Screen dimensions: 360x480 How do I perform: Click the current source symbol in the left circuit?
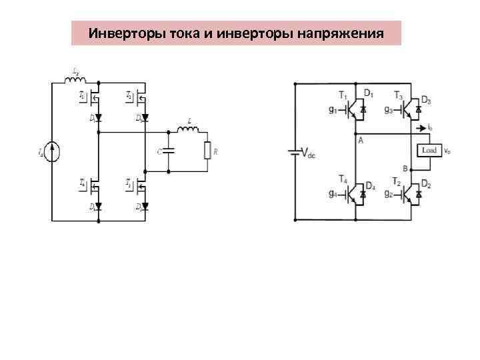click(x=54, y=152)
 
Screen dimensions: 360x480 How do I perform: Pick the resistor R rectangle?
click(x=208, y=151)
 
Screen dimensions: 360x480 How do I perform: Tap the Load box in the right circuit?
click(x=429, y=151)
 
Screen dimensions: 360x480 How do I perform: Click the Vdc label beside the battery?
click(x=308, y=153)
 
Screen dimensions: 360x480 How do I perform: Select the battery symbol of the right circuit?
click(x=294, y=152)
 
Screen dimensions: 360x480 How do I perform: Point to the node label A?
click(x=360, y=140)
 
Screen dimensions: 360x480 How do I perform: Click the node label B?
click(x=405, y=167)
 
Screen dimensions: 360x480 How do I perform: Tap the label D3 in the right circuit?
click(x=426, y=101)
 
